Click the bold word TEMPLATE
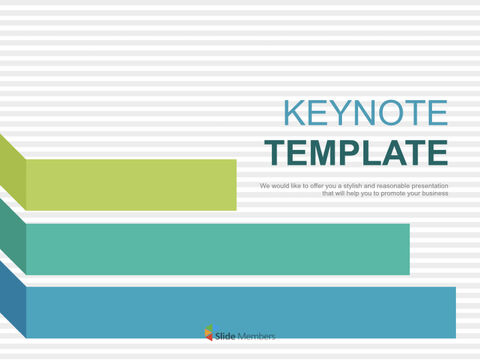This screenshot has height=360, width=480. [356, 153]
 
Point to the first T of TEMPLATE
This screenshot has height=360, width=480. [275, 153]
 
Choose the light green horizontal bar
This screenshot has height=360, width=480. [131, 185]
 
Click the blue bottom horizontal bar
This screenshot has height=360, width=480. [240, 312]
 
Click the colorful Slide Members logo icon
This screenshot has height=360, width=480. [209, 335]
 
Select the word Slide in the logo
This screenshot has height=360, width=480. [226, 336]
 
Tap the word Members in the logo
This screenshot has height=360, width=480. [256, 336]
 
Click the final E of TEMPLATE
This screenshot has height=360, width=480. [436, 153]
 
